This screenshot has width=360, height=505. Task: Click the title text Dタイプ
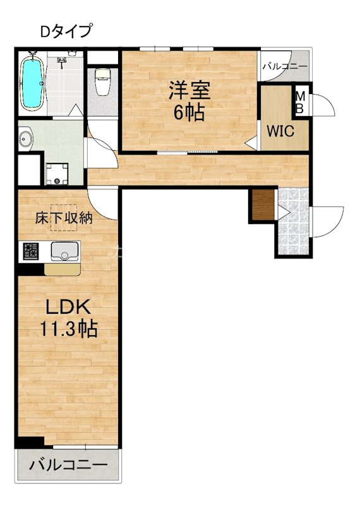(66, 30)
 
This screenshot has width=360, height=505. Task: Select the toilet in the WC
(101, 82)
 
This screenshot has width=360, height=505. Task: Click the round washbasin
(27, 138)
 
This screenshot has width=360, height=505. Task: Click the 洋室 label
(189, 91)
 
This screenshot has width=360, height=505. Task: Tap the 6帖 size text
(189, 113)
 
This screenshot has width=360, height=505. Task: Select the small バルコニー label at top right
(284, 66)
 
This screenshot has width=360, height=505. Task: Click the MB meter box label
(301, 102)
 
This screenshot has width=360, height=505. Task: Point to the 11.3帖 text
(69, 329)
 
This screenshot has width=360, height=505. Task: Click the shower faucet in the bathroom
(63, 62)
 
